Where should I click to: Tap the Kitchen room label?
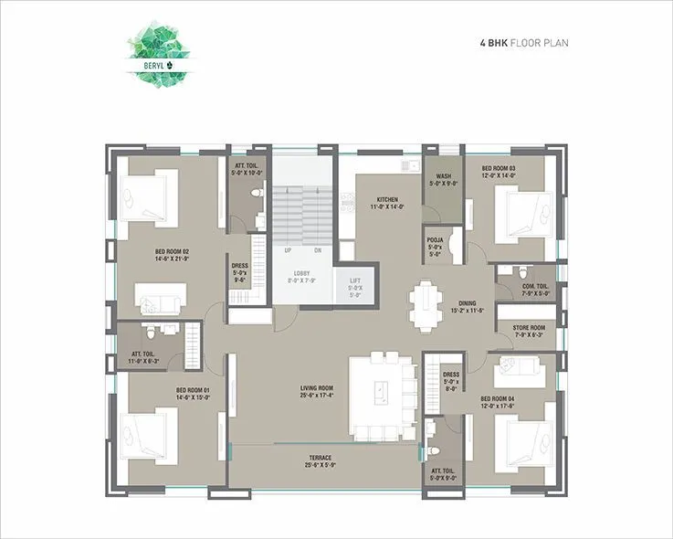coord(387,203)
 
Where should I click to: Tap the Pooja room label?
coord(435,247)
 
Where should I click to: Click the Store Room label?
coord(528,331)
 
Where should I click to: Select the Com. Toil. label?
coord(528,289)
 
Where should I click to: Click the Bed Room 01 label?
coord(193,394)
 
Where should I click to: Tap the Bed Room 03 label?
coord(498,172)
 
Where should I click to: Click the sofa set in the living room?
coord(383,392)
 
